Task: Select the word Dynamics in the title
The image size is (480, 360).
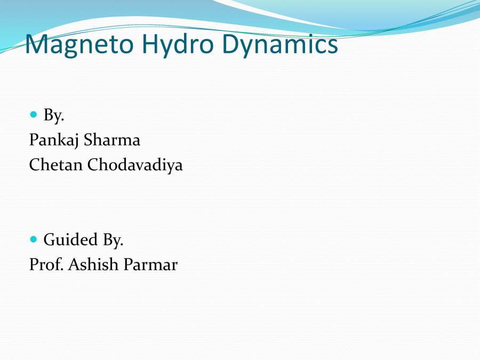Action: [x=280, y=45]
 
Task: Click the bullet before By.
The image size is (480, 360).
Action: [x=34, y=114]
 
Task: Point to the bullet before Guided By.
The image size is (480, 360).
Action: [x=34, y=239]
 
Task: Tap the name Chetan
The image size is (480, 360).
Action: [x=56, y=165]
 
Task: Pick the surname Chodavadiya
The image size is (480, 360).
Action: [x=135, y=165]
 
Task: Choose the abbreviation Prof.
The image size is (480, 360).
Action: [x=46, y=265]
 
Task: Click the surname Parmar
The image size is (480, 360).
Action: [x=150, y=265]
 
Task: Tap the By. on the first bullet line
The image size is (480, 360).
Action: [x=54, y=115]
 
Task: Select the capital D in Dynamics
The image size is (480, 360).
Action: [x=231, y=45]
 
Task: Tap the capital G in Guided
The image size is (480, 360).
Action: [x=50, y=240]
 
